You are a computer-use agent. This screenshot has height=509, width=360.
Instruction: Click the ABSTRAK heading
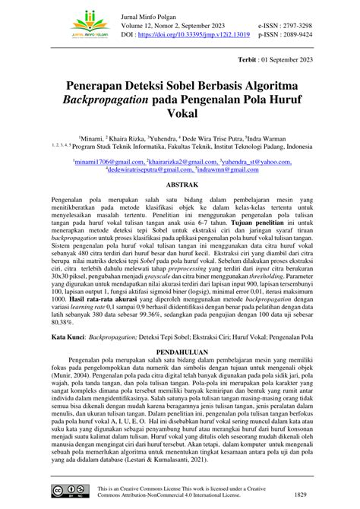pos(179,184)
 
